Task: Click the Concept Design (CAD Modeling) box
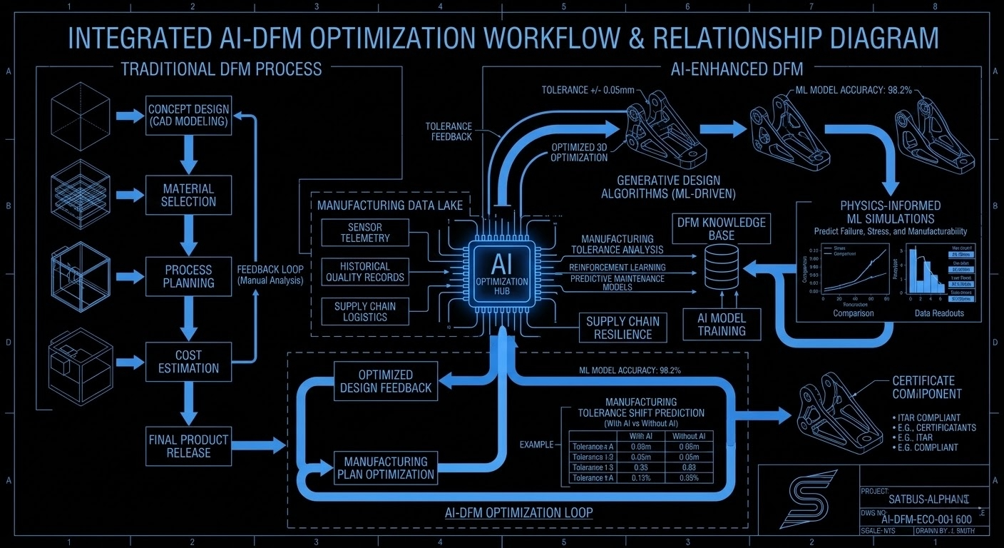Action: pyautogui.click(x=188, y=116)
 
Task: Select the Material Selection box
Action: pyautogui.click(x=188, y=195)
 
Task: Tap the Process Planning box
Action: pyautogui.click(x=188, y=276)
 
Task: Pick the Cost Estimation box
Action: pyautogui.click(x=188, y=362)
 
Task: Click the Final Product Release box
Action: pyautogui.click(x=188, y=445)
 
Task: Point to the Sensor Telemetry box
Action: pyautogui.click(x=365, y=232)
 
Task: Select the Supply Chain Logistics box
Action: pyautogui.click(x=365, y=312)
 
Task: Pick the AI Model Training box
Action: pyautogui.click(x=722, y=325)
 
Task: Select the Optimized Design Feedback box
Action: pyautogui.click(x=386, y=381)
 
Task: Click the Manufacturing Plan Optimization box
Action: pyautogui.click(x=386, y=468)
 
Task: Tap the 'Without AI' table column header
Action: pyautogui.click(x=690, y=436)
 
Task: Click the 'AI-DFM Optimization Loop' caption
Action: pyautogui.click(x=518, y=512)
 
